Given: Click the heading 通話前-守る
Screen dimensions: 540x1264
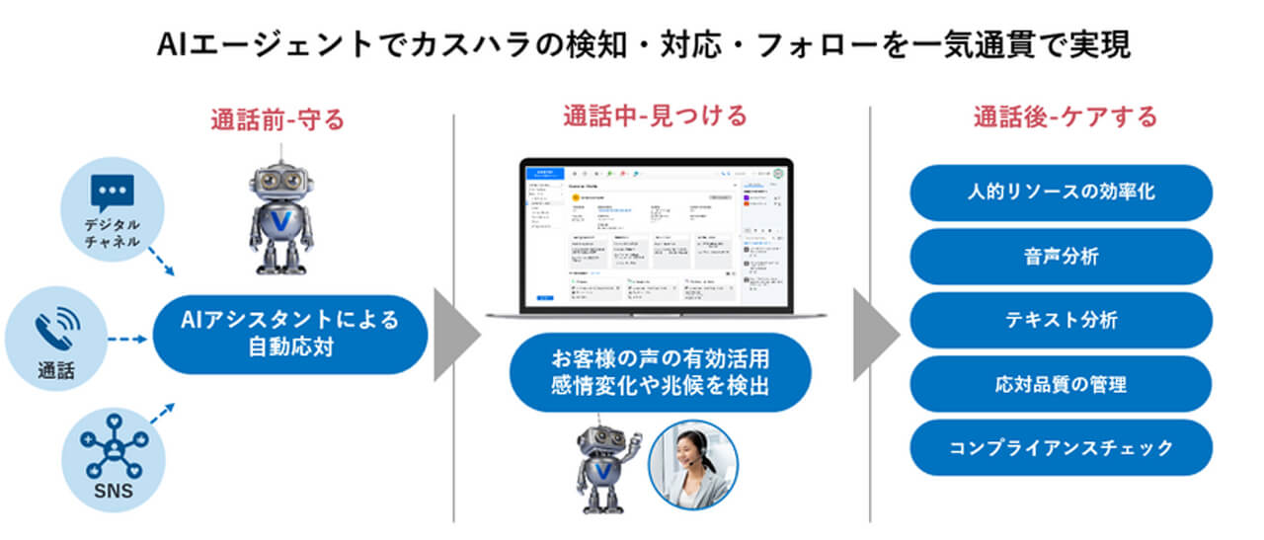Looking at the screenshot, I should coord(277,120).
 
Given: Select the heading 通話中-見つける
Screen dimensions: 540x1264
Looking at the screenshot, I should coord(655,116).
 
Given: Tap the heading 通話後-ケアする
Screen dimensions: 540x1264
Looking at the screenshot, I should coord(1065,116).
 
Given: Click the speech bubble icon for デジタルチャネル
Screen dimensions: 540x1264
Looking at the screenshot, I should coord(112,193).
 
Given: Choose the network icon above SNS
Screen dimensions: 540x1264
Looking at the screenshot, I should coord(116,445).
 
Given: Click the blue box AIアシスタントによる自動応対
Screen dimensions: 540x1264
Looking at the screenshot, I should coord(289,334).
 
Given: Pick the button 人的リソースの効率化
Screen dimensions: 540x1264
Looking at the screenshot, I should coord(1061,193).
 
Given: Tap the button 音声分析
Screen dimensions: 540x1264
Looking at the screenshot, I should coord(1061,257).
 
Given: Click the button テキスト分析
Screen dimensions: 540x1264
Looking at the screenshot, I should coord(1061,320).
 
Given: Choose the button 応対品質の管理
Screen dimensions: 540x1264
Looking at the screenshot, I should coord(1061,384).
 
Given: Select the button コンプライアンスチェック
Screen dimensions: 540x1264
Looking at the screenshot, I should coord(1061,447).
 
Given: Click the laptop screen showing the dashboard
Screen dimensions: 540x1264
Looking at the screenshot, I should coord(655,233).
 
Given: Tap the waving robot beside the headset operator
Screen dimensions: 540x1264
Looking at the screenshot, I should coord(603,467).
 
